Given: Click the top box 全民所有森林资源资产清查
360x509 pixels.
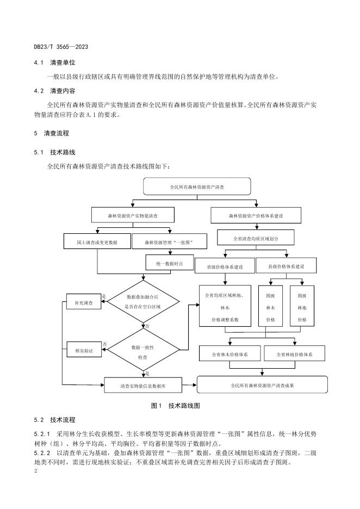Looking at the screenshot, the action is click(x=197, y=187).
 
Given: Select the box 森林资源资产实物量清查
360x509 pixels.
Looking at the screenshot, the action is click(x=133, y=215).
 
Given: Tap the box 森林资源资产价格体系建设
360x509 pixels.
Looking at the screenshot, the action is click(x=256, y=215).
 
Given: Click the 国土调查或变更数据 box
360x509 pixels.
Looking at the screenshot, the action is click(x=97, y=242).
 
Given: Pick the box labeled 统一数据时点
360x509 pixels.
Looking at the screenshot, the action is click(x=170, y=263).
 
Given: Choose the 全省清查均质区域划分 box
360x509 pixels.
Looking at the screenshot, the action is click(x=256, y=238).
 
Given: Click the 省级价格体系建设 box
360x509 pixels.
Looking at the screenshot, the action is click(x=225, y=266).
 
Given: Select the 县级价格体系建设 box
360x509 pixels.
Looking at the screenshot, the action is click(x=286, y=266).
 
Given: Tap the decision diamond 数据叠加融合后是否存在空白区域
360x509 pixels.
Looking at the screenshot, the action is click(x=143, y=302).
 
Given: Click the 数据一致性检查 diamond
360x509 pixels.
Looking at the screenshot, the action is click(x=143, y=350).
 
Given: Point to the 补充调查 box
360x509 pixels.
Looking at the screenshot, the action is click(x=84, y=302).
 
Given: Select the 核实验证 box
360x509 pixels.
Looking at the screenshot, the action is click(x=84, y=350).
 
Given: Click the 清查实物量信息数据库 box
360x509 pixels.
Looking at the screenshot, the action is click(x=143, y=386).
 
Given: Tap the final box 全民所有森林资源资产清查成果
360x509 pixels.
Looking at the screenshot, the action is click(x=262, y=384).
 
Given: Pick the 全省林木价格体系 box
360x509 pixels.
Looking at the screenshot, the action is click(x=230, y=354).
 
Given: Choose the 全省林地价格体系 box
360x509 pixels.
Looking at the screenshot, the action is click(x=294, y=354).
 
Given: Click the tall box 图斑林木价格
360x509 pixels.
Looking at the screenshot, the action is click(x=271, y=306).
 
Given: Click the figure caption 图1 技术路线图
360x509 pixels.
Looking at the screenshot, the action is click(x=176, y=406).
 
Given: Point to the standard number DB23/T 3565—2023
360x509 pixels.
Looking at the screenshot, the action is click(x=61, y=47).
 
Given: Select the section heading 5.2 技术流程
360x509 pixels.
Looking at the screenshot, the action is click(x=54, y=420).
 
